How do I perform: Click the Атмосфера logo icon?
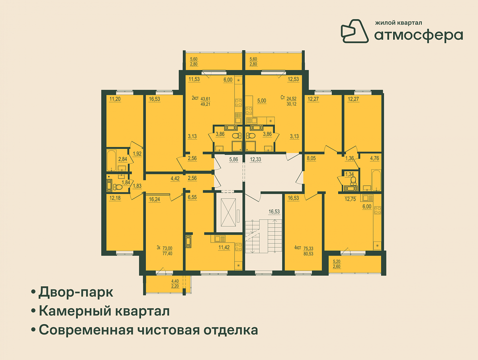click(354, 31)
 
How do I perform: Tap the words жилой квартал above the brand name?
click(398, 23)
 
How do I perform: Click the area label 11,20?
click(115, 99)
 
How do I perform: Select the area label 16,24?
click(155, 200)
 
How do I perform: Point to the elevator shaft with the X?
click(228, 212)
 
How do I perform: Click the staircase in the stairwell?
click(264, 236)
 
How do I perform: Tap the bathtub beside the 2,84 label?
click(112, 160)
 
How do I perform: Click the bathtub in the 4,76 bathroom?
click(376, 180)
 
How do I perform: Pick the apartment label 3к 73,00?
click(165, 251)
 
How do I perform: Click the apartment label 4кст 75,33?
click(304, 251)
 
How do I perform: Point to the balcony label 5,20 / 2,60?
click(337, 264)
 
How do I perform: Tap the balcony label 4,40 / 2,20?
click(175, 284)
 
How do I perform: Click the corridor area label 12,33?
click(255, 160)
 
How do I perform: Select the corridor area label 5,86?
click(233, 160)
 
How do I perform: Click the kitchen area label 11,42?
click(224, 247)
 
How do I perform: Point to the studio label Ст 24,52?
click(289, 101)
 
